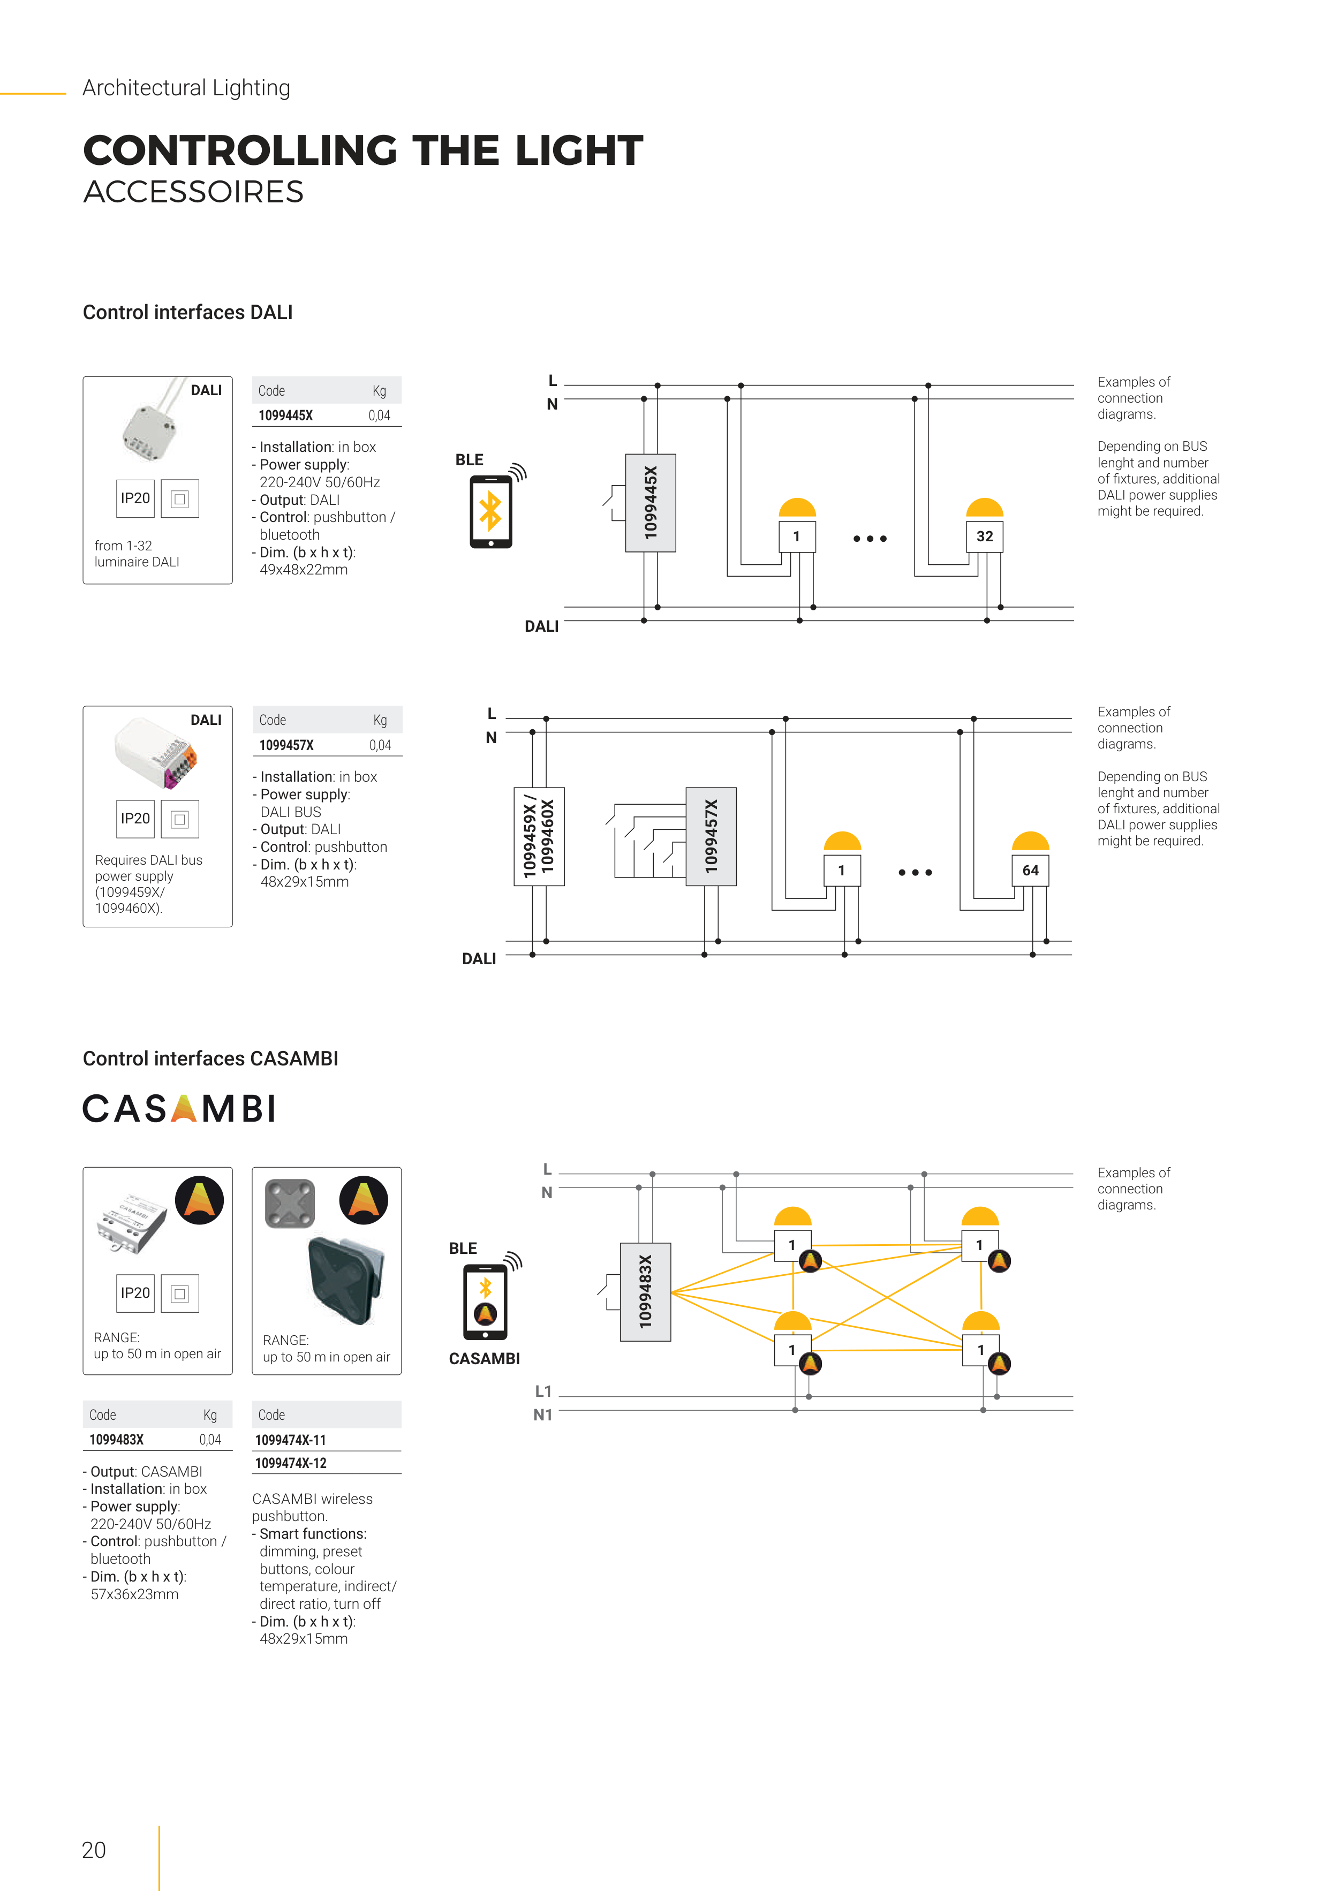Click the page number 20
click(x=94, y=1850)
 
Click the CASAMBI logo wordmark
click(x=179, y=1109)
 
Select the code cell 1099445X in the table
click(x=286, y=415)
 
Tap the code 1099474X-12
click(x=291, y=1463)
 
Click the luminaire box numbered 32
click(x=985, y=536)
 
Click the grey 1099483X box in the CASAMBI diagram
click(x=645, y=1291)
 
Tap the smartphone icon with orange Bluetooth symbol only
click(x=491, y=511)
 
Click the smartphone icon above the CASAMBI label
click(x=485, y=1302)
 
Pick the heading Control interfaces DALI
click(x=188, y=312)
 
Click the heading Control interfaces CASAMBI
click(x=210, y=1058)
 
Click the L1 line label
click(x=543, y=1391)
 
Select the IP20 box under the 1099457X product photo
click(x=135, y=819)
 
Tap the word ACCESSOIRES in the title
click(x=194, y=192)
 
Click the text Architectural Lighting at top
click(x=186, y=88)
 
